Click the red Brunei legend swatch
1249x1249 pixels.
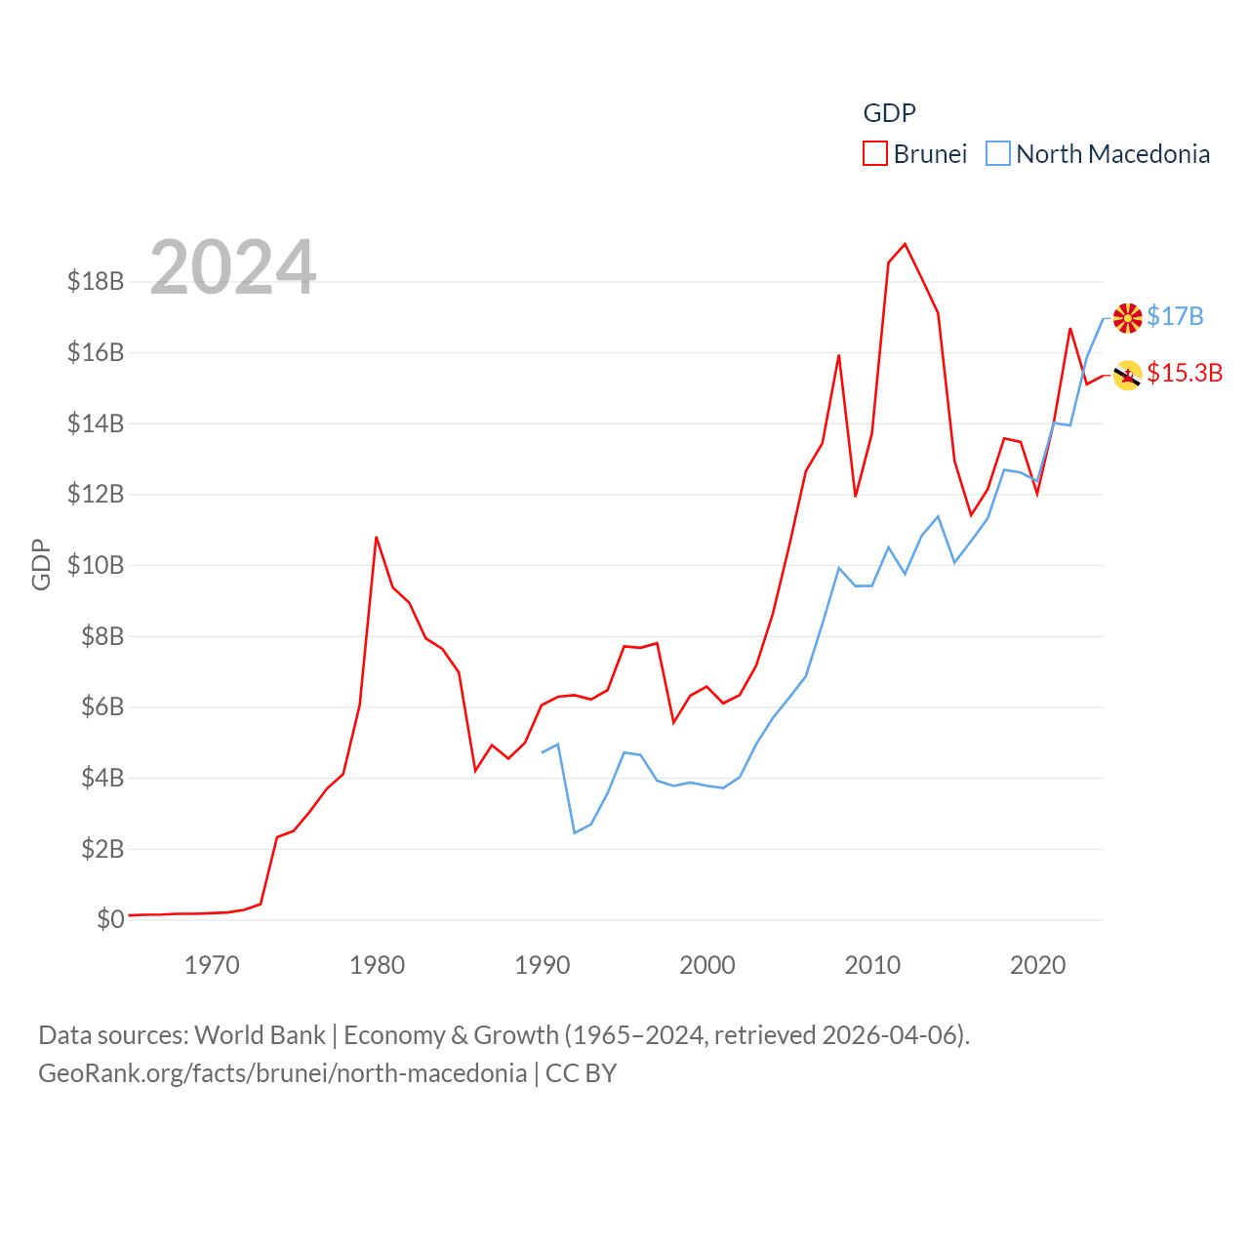(x=875, y=154)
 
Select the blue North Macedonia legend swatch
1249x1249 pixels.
(x=997, y=154)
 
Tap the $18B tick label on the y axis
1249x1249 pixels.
(x=96, y=281)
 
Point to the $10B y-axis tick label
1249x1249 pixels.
(x=96, y=565)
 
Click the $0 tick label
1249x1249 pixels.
(x=110, y=919)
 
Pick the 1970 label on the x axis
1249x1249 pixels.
(x=212, y=965)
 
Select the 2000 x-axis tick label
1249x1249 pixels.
(x=707, y=965)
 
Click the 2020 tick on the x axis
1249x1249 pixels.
(x=1037, y=965)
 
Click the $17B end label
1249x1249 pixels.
(x=1175, y=316)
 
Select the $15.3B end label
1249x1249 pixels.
(x=1185, y=373)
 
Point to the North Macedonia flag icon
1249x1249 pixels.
(x=1128, y=317)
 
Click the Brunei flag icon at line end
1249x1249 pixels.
(x=1128, y=375)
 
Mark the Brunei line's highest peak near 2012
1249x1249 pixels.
(x=906, y=244)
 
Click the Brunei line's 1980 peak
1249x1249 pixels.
(x=376, y=537)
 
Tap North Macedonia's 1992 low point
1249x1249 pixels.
(x=575, y=832)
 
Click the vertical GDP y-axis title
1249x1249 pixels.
(x=41, y=565)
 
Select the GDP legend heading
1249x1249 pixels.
(x=889, y=113)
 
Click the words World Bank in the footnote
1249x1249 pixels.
(x=261, y=1034)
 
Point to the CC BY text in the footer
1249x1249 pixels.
(x=581, y=1073)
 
